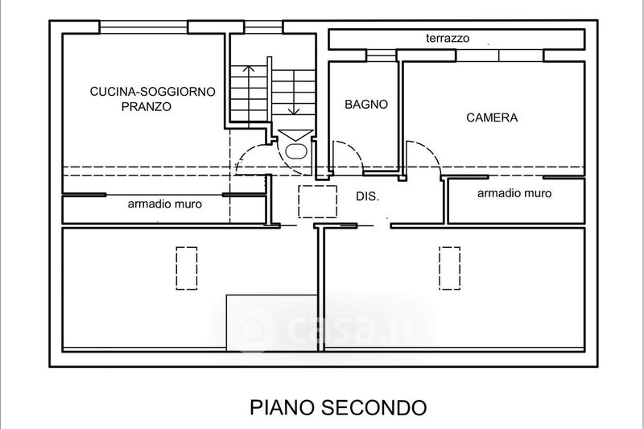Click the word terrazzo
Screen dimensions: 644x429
point(448,38)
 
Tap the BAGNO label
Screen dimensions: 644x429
point(366,105)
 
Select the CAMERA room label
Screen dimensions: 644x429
point(492,118)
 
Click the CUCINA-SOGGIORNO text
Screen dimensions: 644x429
point(152,91)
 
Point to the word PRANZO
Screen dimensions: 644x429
point(147,107)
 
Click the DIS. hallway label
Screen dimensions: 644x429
point(368,196)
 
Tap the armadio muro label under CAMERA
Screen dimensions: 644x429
point(514,193)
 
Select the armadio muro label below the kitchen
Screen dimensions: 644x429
point(165,204)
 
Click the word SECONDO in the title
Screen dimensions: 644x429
point(374,407)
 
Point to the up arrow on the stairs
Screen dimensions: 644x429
point(249,93)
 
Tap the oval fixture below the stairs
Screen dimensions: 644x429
point(296,151)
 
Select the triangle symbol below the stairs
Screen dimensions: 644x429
point(295,135)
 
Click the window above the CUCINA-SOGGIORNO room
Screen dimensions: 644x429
point(144,27)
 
